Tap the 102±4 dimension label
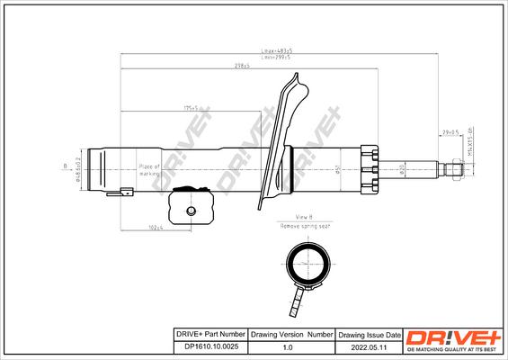coord(156,227)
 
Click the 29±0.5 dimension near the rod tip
coord(450,132)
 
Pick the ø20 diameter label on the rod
coord(401,168)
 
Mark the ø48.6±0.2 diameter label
coord(79,167)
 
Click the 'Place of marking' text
coord(148,170)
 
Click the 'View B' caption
coord(305,218)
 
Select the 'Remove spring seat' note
coord(305,226)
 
